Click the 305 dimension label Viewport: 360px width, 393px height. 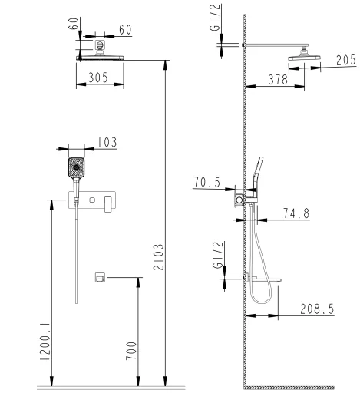pyautogui.click(x=98, y=78)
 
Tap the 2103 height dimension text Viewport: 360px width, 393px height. pyautogui.click(x=159, y=257)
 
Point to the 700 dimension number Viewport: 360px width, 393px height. pyautogui.click(x=131, y=351)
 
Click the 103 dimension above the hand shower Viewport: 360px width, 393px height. pyautogui.click(x=107, y=142)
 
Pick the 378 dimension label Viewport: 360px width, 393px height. pyautogui.click(x=278, y=80)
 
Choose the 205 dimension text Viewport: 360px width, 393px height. pyautogui.click(x=346, y=61)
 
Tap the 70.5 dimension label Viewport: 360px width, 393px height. pyautogui.click(x=206, y=182)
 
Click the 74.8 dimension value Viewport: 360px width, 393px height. pyautogui.click(x=296, y=213)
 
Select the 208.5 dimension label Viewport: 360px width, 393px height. pyautogui.click(x=317, y=309)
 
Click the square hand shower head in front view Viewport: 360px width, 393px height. pyautogui.click(x=76, y=167)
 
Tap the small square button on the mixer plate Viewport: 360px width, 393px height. pyautogui.click(x=92, y=200)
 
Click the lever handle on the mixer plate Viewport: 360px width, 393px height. pyautogui.click(x=108, y=204)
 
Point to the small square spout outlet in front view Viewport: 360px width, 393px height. pyautogui.click(x=100, y=277)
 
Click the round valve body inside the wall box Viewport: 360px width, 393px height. pyautogui.click(x=239, y=200)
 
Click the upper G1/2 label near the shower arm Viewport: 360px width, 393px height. pyautogui.click(x=215, y=18)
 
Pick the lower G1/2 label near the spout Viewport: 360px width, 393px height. pyautogui.click(x=218, y=255)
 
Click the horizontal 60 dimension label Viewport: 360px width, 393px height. pyautogui.click(x=125, y=30)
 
